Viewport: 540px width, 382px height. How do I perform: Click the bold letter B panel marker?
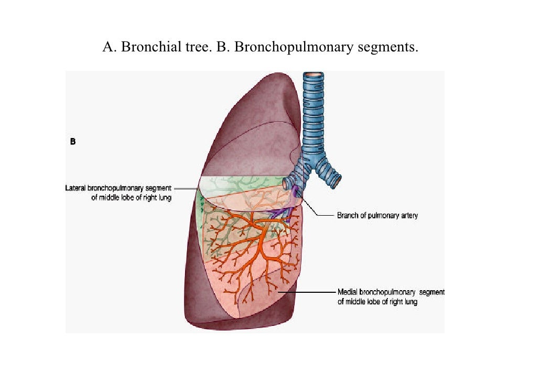coord(73,141)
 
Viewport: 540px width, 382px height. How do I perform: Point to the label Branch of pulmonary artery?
coord(377,216)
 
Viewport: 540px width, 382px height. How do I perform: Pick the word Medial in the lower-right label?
coord(348,292)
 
